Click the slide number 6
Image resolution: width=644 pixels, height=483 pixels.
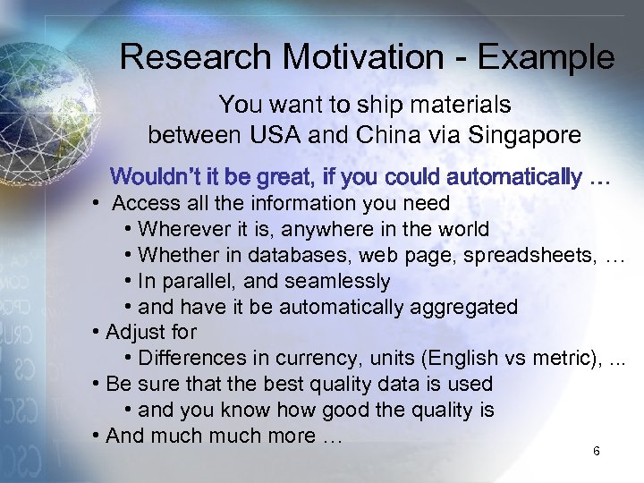tap(596, 451)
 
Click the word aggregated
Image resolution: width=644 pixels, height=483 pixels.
tap(463, 307)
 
